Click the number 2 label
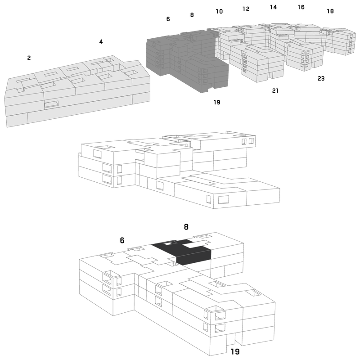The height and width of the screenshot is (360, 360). coord(29,58)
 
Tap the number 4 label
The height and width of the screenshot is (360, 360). coord(101,41)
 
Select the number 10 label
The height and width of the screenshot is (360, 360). coord(219,11)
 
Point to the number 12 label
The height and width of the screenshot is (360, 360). coord(246,9)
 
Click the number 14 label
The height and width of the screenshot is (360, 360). coord(273,7)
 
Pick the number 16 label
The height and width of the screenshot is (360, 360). coord(301,7)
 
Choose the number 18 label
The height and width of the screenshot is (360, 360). coord(330,11)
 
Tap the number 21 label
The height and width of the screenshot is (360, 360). coord(275,91)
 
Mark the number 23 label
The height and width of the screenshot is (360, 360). coord(321,78)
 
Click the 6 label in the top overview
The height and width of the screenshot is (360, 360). coord(168,19)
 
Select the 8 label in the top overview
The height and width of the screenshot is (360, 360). coord(192,15)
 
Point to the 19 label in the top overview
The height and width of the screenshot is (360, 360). coord(217,102)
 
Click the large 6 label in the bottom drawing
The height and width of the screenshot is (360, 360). coord(122,240)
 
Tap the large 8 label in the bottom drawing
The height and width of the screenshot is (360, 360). coord(186,227)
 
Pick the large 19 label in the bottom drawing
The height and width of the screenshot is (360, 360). coord(235,351)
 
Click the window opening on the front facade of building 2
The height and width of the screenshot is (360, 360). coord(51,104)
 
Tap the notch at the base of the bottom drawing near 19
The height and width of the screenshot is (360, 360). coord(231,339)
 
